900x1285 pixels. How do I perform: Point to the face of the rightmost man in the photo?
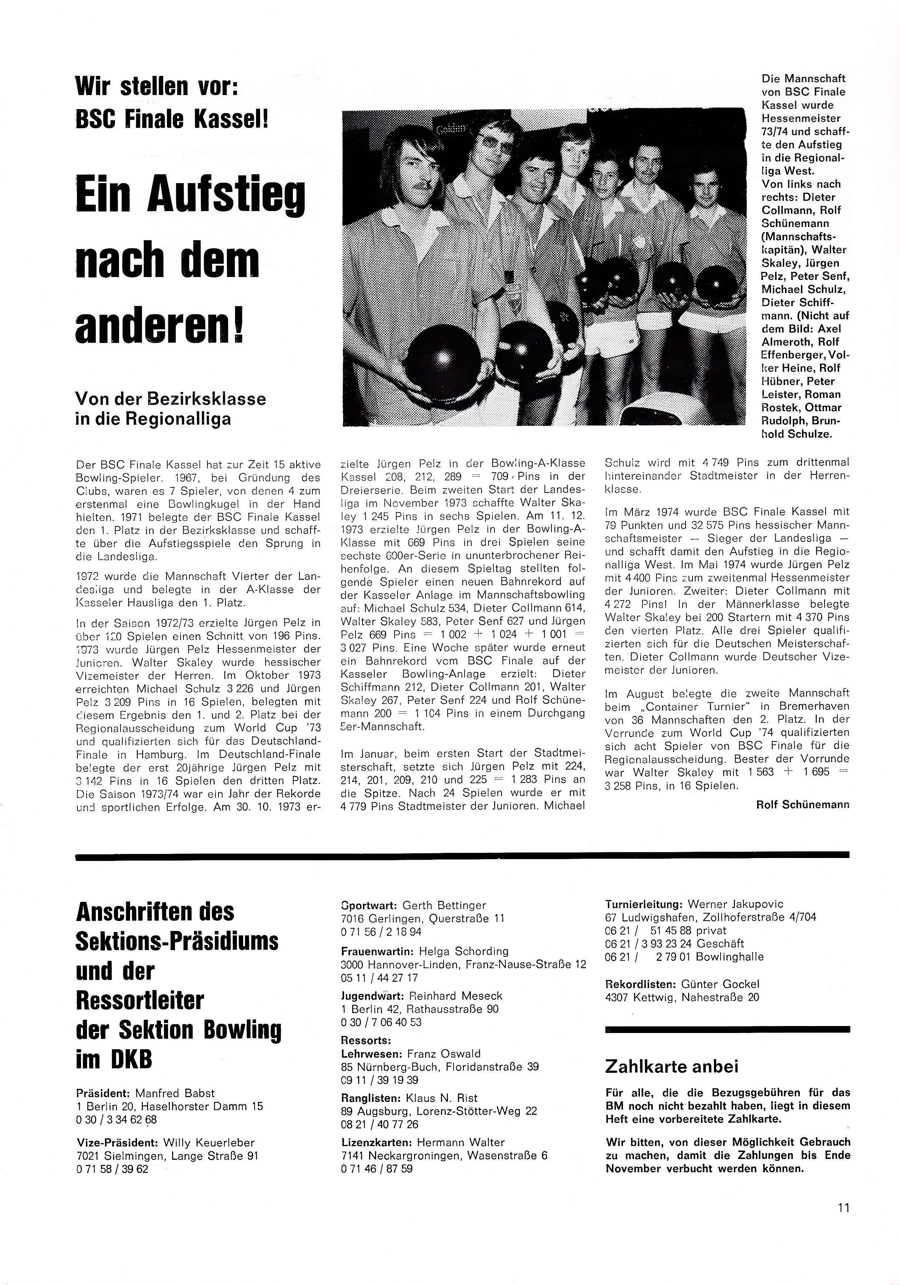707,191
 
